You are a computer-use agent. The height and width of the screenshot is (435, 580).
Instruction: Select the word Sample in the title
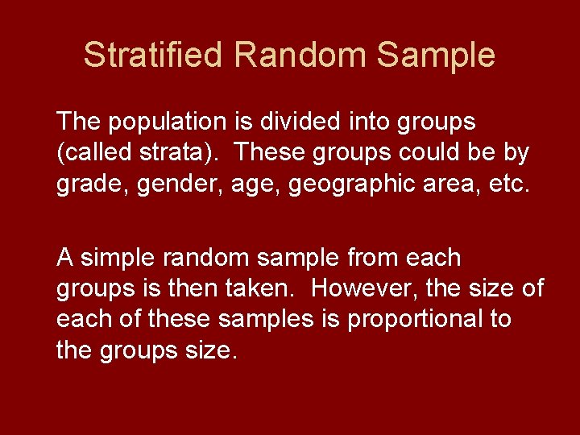(436, 56)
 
